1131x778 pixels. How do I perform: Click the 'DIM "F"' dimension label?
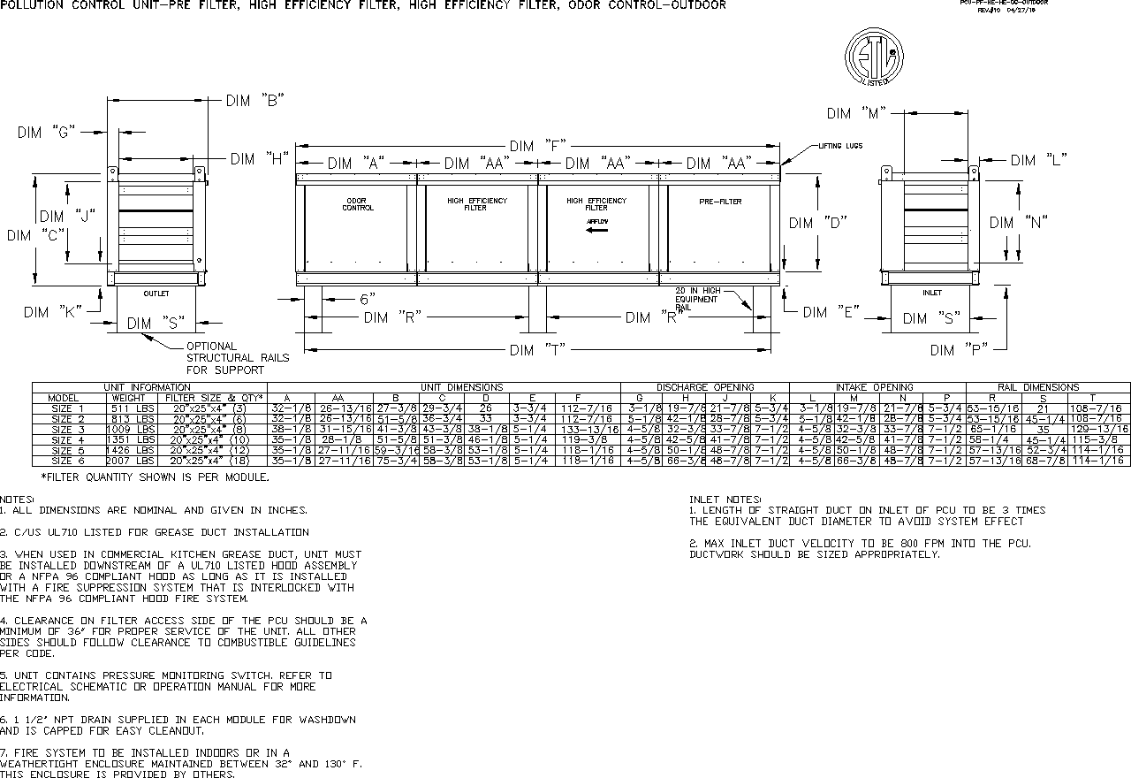[536, 146]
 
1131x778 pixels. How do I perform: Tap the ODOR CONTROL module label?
[358, 204]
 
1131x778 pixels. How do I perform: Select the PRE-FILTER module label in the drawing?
[720, 202]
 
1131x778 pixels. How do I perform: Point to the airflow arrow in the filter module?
[597, 230]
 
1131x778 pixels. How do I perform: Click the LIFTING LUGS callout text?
[840, 146]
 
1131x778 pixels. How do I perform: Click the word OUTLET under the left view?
[156, 294]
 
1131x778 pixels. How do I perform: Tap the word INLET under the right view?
[931, 293]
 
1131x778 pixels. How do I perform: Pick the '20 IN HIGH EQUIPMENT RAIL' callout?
[697, 298]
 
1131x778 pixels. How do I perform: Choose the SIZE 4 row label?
[68, 439]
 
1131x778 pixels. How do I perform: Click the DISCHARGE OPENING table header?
[705, 387]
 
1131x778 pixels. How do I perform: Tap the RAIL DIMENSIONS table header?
[1038, 387]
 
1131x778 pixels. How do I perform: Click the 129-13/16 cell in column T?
[1098, 429]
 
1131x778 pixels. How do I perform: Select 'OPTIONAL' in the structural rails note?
[211, 346]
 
